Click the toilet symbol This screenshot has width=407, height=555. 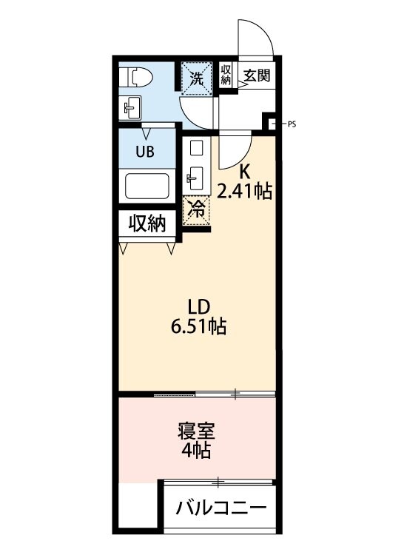[138, 76]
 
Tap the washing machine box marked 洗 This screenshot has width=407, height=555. [197, 77]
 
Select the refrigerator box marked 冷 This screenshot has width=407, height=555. [196, 209]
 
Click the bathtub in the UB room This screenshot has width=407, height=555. [148, 185]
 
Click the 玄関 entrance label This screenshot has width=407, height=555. [256, 75]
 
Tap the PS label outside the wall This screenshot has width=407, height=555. [292, 124]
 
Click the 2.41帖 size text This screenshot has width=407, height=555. [244, 192]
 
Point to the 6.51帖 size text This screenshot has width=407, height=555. [198, 325]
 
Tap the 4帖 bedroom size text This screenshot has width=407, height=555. [196, 451]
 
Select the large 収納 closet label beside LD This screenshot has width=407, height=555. [147, 223]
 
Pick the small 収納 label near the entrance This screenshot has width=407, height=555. [226, 75]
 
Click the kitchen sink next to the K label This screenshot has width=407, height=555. [196, 176]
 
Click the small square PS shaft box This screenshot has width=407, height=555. [271, 123]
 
